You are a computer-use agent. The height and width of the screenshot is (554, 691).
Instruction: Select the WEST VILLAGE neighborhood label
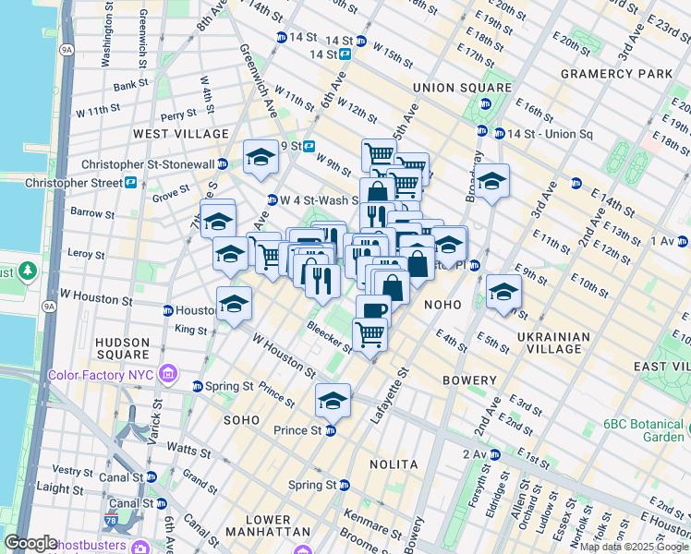[180, 134]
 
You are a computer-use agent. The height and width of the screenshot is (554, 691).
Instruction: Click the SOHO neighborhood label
[242, 419]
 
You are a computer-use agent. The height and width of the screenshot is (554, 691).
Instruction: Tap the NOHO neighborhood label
[442, 303]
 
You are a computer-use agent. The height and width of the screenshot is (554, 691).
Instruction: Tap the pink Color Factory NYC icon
[168, 373]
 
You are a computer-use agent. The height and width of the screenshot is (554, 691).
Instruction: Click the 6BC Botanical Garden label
[643, 430]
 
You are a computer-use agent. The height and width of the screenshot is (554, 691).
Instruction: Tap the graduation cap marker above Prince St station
[333, 400]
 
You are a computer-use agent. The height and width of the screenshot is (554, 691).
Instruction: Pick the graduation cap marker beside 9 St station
[261, 158]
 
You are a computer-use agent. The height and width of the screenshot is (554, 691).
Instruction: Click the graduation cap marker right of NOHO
[503, 292]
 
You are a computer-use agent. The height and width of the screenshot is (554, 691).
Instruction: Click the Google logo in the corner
[31, 543]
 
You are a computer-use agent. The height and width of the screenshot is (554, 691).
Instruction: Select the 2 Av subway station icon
[495, 453]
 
